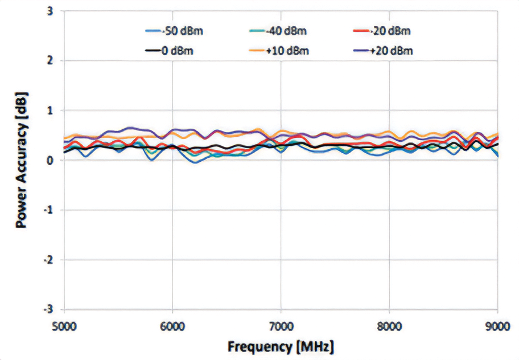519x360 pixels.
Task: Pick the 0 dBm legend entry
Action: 177,51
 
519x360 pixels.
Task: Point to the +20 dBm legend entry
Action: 391,51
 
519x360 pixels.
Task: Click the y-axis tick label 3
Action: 52,11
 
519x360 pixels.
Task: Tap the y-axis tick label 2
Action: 52,60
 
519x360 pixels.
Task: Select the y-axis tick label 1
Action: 52,110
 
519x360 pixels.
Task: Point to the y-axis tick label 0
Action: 52,160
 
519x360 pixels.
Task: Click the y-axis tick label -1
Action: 50,210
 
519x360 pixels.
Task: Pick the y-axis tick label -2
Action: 50,260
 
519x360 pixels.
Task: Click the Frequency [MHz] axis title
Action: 281,346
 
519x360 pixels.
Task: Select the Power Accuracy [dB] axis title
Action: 22,160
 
